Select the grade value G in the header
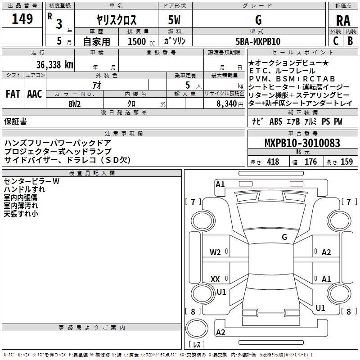258,20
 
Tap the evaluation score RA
343,21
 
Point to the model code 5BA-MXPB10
258,41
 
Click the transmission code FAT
13,94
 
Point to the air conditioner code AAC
35,94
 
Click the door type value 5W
175,21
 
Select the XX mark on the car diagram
215,279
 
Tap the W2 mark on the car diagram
215,252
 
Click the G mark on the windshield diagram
284,237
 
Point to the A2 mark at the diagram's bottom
220,333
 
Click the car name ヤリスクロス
117,21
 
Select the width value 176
310,162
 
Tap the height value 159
346,162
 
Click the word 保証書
15,121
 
